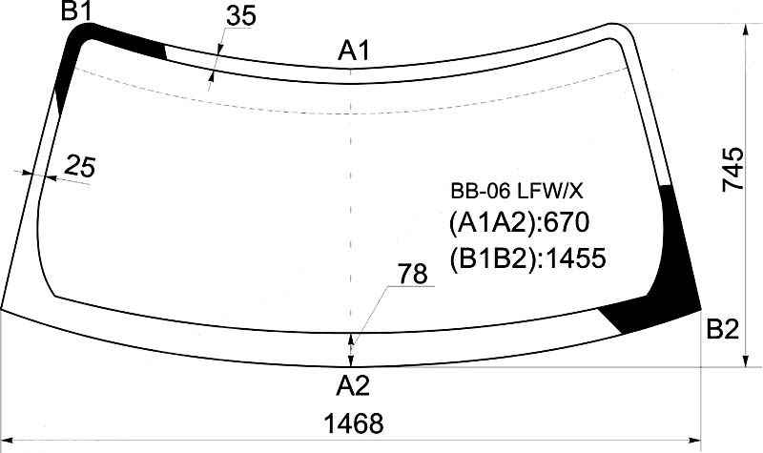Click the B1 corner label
76,10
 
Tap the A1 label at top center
354,51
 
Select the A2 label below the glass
353,385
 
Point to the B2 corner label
723,329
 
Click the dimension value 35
241,16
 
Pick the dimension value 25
80,166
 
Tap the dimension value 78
413,274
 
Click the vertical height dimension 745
733,170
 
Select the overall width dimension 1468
354,423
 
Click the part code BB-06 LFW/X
516,192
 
